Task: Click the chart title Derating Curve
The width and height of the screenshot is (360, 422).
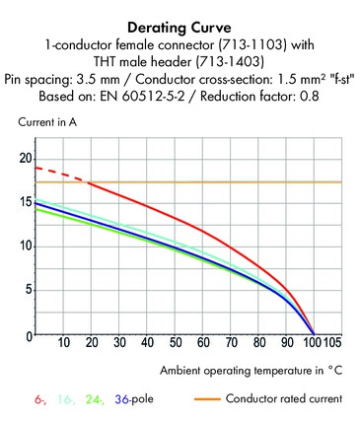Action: pos(180,28)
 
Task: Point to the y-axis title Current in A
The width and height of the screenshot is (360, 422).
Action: pos(47,122)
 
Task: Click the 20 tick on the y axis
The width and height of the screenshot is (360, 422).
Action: pos(26,159)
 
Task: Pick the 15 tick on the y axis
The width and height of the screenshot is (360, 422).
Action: pos(26,202)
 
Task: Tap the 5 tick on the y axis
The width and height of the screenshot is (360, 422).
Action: pos(29,290)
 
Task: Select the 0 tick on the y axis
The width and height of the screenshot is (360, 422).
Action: pos(29,336)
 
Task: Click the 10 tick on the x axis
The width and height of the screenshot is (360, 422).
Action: pos(64,343)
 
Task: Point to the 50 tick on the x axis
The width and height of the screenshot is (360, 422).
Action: pos(176,343)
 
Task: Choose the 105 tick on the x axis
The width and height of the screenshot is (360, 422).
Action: pos(332,343)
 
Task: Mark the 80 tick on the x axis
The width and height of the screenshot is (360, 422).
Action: pos(259,343)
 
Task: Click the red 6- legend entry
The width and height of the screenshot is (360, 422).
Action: pos(40,399)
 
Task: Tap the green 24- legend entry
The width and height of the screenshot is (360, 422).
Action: pos(95,399)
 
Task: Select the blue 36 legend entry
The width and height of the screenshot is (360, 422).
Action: pos(121,399)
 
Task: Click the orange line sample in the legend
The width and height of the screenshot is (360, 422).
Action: pos(207,399)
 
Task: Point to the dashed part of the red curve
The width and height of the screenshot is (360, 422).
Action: pos(61,175)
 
